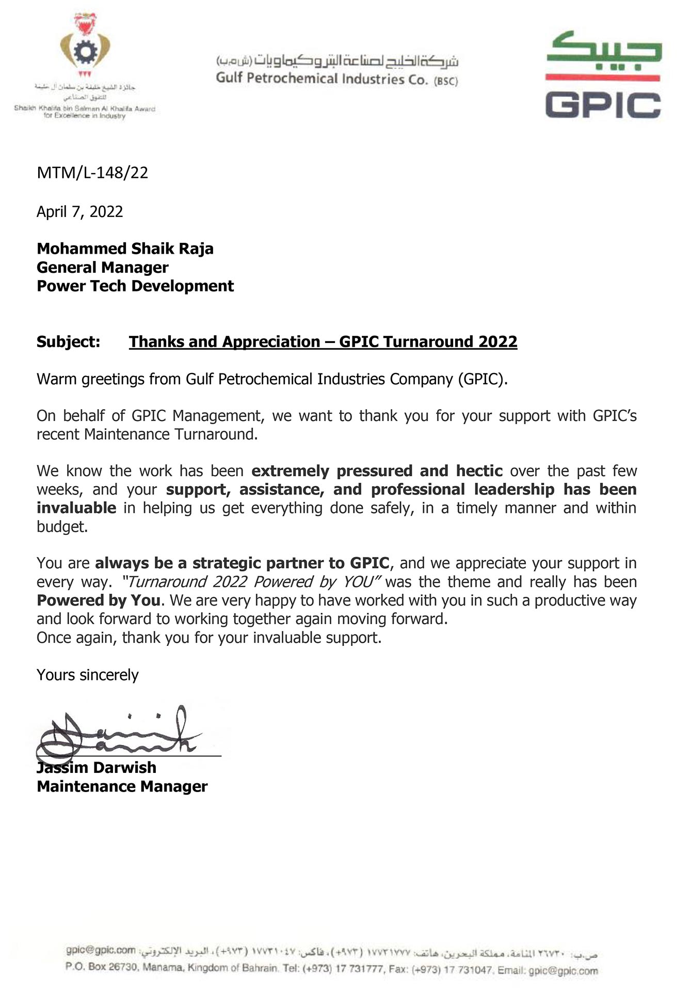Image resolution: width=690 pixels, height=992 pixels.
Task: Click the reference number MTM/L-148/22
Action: pyautogui.click(x=92, y=173)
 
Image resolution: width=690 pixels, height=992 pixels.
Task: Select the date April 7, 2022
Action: pyautogui.click(x=80, y=212)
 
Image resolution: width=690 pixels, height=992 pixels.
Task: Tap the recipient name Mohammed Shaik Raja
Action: pyautogui.click(x=125, y=249)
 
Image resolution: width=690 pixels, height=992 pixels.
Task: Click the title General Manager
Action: pyautogui.click(x=102, y=267)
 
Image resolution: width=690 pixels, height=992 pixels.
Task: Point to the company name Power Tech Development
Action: pyautogui.click(x=135, y=286)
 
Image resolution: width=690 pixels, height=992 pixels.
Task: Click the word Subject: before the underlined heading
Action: pyautogui.click(x=68, y=342)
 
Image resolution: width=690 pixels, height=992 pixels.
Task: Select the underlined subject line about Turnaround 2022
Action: pyautogui.click(x=323, y=342)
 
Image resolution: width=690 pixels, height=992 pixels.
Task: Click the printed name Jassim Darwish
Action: pyautogui.click(x=97, y=767)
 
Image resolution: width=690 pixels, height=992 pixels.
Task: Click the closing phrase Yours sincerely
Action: pyautogui.click(x=88, y=675)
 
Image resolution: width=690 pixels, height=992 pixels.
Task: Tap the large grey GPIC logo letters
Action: pyautogui.click(x=603, y=105)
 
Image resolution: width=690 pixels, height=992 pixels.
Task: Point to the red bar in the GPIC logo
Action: pyautogui.click(x=603, y=78)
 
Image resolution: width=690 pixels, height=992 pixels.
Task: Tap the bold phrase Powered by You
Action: pyautogui.click(x=98, y=600)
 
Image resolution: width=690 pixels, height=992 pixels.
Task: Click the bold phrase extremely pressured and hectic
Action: pyautogui.click(x=377, y=471)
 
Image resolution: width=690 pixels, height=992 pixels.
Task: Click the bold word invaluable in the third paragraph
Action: pyautogui.click(x=76, y=508)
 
